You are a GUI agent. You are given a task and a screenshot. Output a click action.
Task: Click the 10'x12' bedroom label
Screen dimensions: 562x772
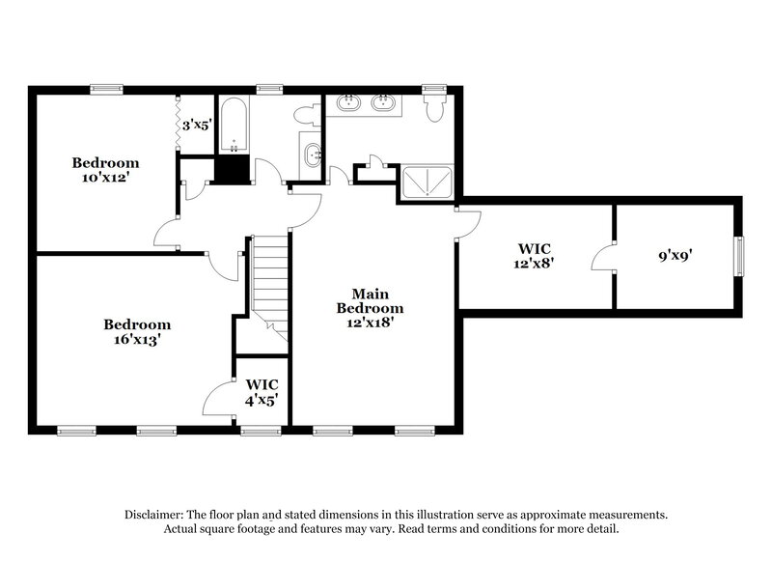[105, 170]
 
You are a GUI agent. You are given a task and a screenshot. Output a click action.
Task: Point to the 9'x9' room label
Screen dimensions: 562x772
[671, 257]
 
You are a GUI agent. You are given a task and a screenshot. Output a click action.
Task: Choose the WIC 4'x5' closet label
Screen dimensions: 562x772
[262, 392]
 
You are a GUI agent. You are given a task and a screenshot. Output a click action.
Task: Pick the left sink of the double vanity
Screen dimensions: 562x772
[348, 104]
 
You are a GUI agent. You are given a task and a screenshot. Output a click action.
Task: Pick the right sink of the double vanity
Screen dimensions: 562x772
[384, 104]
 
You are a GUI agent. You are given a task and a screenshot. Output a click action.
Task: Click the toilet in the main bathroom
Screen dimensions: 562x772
[434, 104]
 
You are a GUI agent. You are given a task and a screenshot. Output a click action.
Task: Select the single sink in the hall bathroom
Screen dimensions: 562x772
[313, 155]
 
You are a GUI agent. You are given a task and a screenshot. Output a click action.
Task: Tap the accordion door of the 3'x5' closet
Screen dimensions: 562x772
[178, 124]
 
